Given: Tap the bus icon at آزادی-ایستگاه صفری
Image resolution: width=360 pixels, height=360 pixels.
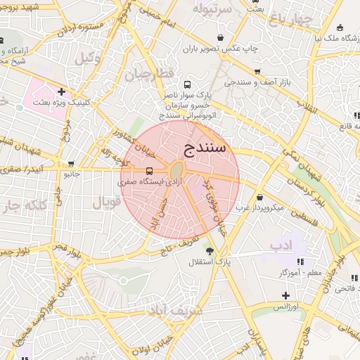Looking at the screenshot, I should (148, 171).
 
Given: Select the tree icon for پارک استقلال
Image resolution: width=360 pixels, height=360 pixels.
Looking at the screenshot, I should (209, 250).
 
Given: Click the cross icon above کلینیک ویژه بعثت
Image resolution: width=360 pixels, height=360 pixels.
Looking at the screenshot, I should (62, 91).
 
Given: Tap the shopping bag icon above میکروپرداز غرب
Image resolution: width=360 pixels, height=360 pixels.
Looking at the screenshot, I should (261, 197).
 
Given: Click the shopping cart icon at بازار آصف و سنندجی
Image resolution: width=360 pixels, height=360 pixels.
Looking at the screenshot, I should (258, 72).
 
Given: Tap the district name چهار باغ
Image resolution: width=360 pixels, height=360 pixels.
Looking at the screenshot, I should (288, 17).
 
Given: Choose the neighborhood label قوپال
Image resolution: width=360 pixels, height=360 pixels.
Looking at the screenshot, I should (107, 202).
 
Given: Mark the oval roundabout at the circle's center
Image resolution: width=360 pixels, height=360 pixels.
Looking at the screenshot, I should (176, 171).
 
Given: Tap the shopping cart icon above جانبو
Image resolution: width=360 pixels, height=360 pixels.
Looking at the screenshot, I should (71, 162).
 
